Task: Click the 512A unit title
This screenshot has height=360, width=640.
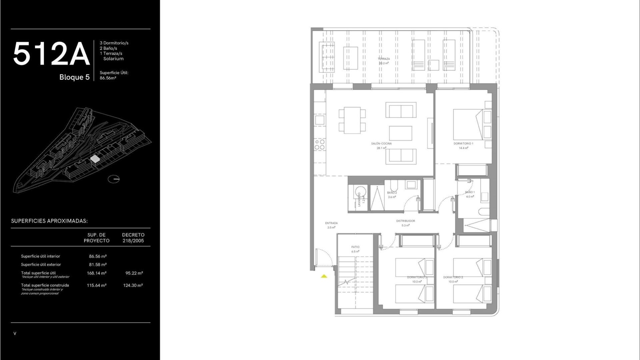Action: [51, 54]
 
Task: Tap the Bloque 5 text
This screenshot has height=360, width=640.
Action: [74, 77]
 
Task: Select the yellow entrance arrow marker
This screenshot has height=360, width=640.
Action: [324, 276]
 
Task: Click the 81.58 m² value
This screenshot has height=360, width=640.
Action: [98, 265]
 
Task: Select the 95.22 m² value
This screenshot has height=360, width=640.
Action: [134, 273]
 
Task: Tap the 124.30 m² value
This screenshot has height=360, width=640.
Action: [133, 285]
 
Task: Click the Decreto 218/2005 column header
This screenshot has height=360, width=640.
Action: [133, 238]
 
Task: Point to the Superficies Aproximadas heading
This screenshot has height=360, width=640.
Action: [49, 221]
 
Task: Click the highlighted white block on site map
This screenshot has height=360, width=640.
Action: [95, 159]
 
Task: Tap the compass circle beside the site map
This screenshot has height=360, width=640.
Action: [114, 179]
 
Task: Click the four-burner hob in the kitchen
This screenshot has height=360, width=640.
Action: [320, 144]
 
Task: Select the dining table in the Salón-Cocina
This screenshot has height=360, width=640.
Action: [352, 120]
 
